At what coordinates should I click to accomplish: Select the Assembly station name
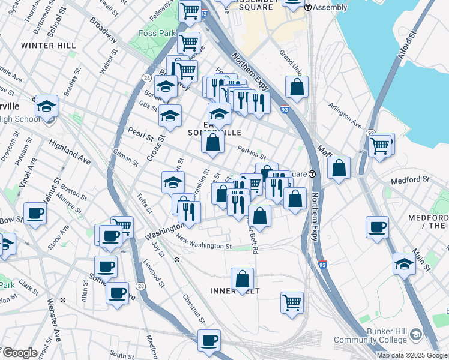point(327,8)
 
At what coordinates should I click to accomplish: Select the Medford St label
point(410,179)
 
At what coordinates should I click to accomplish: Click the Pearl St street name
point(140,134)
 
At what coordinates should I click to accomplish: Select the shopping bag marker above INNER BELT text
point(242,278)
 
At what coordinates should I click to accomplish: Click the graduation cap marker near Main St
point(404,263)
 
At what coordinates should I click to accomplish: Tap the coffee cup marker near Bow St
point(35,213)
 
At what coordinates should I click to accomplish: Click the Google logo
point(19,353)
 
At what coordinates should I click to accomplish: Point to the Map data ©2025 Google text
point(411,355)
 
